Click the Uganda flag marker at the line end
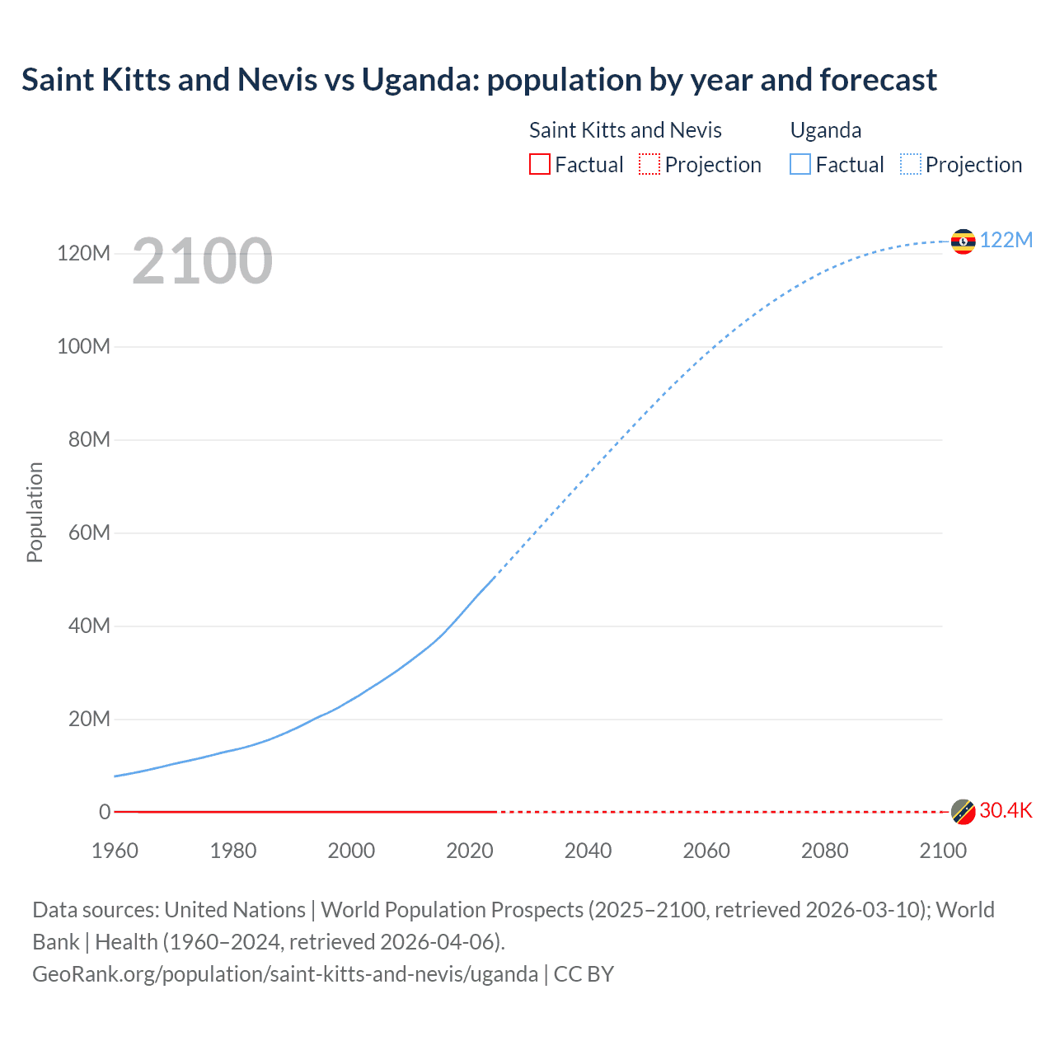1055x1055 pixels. tap(963, 241)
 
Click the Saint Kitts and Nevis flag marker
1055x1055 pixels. tap(963, 811)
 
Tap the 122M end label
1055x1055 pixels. tap(1006, 240)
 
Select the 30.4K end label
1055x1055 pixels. tap(1006, 810)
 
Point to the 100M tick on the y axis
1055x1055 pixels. tap(83, 346)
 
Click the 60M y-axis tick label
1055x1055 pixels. tap(89, 532)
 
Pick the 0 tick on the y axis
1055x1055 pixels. tap(105, 812)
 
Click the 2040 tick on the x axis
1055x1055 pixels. tap(588, 851)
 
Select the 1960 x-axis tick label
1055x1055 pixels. tap(115, 851)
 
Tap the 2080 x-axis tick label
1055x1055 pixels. tap(824, 851)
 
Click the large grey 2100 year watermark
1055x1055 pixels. tap(202, 261)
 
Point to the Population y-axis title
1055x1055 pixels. tap(35, 512)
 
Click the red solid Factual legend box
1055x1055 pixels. tap(539, 164)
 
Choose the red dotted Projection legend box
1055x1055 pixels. tap(649, 164)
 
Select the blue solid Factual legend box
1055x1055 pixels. tap(800, 164)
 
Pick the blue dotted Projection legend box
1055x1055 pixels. tap(911, 164)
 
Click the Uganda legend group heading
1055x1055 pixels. tap(826, 130)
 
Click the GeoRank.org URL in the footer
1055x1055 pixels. tap(285, 974)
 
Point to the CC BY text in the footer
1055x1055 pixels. tap(584, 974)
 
